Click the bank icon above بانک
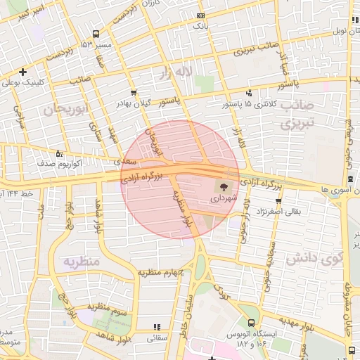(x=201, y=15)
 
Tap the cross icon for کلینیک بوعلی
(x=23, y=72)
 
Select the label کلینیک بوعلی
(x=23, y=82)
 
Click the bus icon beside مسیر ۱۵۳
(x=95, y=34)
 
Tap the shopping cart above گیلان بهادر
(x=134, y=92)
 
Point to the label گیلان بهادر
(x=134, y=103)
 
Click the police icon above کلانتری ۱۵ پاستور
(x=248, y=94)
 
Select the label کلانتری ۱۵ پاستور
(x=249, y=104)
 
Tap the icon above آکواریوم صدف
(x=58, y=153)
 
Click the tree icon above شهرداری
(x=224, y=188)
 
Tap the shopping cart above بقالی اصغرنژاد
(x=278, y=200)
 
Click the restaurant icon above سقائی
(x=156, y=327)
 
